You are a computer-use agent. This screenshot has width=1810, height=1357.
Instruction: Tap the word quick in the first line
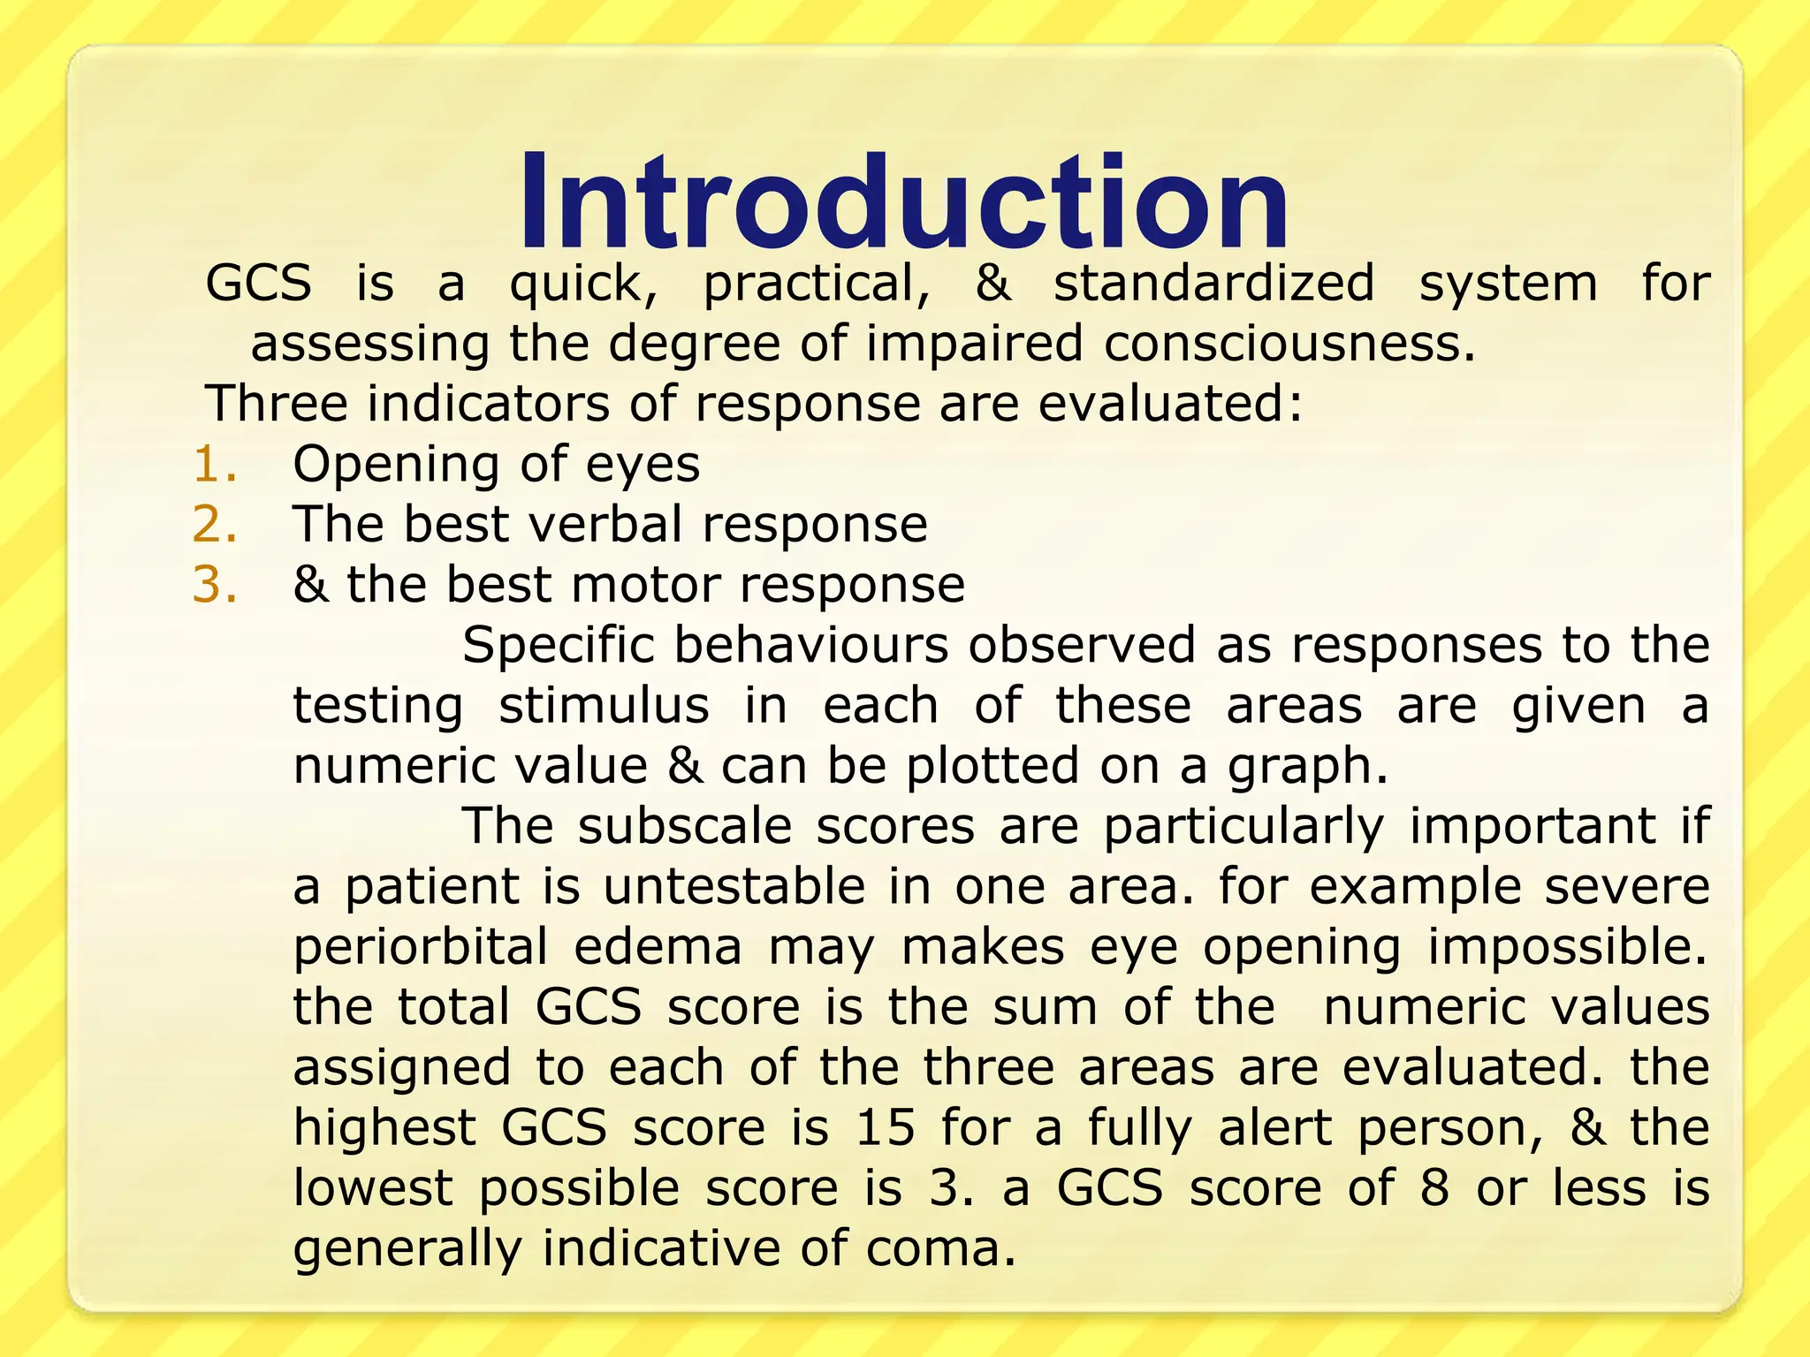point(583,284)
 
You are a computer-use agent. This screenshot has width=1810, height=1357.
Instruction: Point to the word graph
point(1306,767)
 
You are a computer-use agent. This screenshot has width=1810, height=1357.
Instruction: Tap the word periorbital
point(421,948)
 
